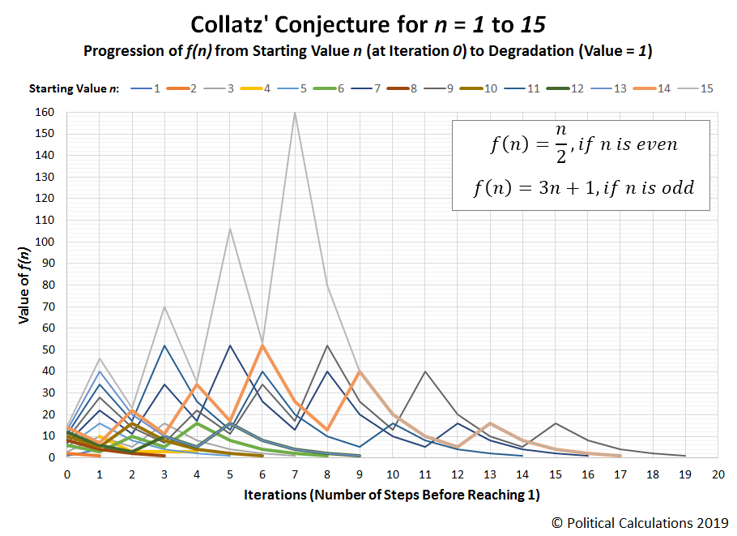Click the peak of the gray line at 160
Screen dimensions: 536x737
point(294,112)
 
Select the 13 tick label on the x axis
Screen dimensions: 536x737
point(489,474)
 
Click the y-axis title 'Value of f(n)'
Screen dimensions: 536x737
point(25,285)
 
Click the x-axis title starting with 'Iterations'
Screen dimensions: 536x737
point(391,495)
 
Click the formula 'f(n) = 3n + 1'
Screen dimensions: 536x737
point(583,187)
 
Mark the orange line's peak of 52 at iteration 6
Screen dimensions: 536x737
point(262,345)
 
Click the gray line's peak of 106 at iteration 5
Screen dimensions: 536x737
point(229,229)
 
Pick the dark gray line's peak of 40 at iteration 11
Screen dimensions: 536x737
point(424,371)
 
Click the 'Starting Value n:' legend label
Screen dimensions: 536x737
point(74,88)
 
